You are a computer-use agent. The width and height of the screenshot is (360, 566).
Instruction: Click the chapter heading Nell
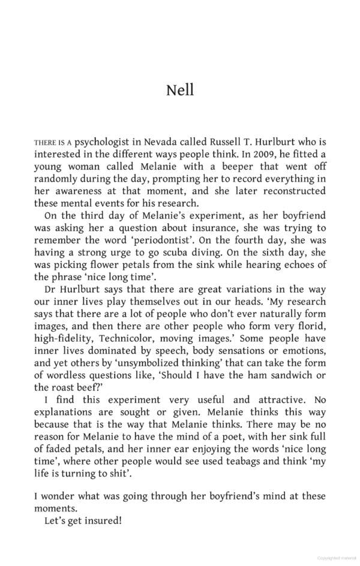point(180,91)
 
